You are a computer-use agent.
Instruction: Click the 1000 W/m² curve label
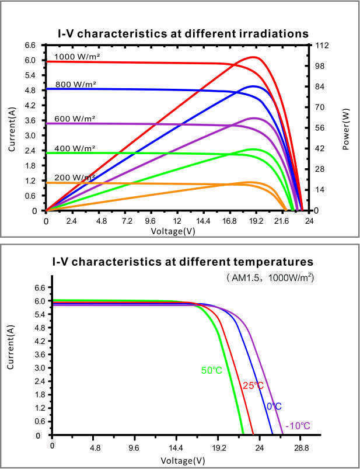tap(77, 56)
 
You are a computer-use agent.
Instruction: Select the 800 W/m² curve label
tap(76, 84)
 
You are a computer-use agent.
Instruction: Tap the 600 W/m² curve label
tap(75, 119)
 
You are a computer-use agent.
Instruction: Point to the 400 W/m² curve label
tap(75, 148)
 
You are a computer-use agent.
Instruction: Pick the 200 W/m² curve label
tap(75, 177)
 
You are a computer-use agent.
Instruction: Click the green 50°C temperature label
tap(212, 370)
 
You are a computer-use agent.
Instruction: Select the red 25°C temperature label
tap(253, 386)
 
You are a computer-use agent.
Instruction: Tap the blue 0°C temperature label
tap(274, 406)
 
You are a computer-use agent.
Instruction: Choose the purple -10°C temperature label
tap(298, 425)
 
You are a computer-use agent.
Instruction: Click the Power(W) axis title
tap(345, 129)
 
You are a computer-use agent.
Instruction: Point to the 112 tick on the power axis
tap(322, 46)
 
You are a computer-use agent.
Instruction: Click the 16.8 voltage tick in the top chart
tap(229, 221)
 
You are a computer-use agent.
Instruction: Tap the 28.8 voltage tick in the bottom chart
tap(301, 448)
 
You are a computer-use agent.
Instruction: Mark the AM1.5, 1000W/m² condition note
tap(270, 278)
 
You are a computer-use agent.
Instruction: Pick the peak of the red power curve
tap(253, 57)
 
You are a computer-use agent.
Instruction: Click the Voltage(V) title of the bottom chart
tap(183, 460)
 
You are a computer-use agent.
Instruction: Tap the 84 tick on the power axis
tap(320, 86)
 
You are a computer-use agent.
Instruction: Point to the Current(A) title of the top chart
tap(12, 129)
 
